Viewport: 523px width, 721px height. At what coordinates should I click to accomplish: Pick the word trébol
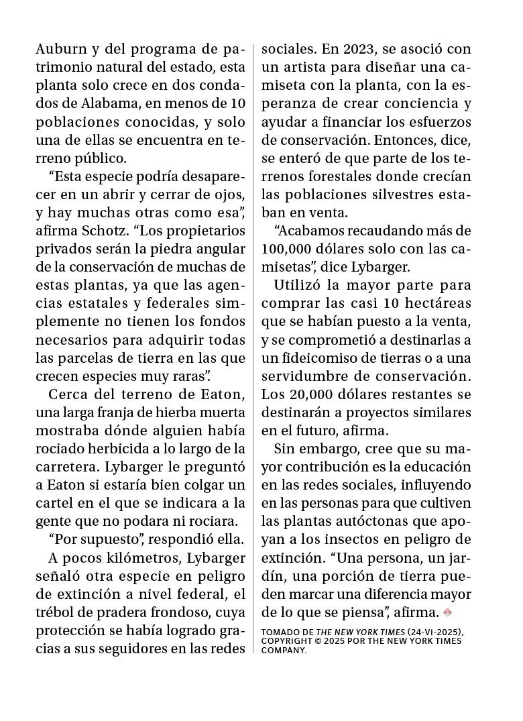(56, 612)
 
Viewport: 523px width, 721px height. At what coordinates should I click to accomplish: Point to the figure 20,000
(310, 394)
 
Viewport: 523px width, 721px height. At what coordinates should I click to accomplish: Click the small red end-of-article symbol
(448, 612)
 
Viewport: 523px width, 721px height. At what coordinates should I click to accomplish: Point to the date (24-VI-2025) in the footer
(435, 632)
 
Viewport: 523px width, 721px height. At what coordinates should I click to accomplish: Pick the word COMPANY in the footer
(284, 650)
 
